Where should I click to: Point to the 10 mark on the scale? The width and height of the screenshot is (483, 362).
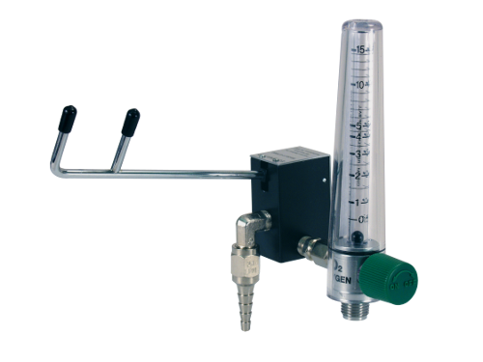(x=358, y=85)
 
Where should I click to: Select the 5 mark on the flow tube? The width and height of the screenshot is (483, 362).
(x=358, y=125)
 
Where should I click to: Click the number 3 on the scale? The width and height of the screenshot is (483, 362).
(x=358, y=153)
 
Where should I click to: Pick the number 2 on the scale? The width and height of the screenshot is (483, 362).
(x=358, y=175)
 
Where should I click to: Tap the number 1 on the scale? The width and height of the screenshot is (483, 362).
(x=358, y=202)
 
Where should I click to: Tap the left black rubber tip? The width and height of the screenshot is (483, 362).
(x=68, y=118)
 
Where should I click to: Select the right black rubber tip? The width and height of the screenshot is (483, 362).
(x=130, y=121)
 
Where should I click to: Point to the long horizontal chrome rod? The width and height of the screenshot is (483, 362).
(x=174, y=175)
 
